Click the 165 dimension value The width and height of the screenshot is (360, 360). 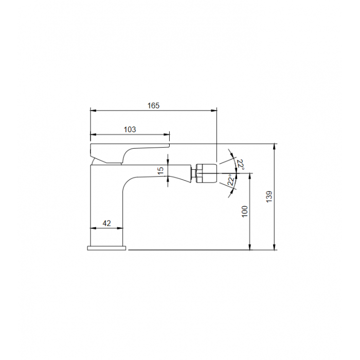tap(153, 105)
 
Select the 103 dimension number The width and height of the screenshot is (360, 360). tap(130, 130)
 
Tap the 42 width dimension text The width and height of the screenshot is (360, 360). tap(106, 223)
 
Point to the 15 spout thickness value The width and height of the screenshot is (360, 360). tap(160, 170)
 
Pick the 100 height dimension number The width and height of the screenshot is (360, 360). tap(245, 211)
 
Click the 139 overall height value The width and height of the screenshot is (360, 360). tap(269, 196)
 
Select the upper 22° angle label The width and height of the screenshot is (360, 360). tap(240, 165)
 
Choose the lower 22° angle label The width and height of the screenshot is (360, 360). tap(231, 180)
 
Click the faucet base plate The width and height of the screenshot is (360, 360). tap(107, 248)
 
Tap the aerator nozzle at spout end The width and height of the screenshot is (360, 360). tap(207, 173)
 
